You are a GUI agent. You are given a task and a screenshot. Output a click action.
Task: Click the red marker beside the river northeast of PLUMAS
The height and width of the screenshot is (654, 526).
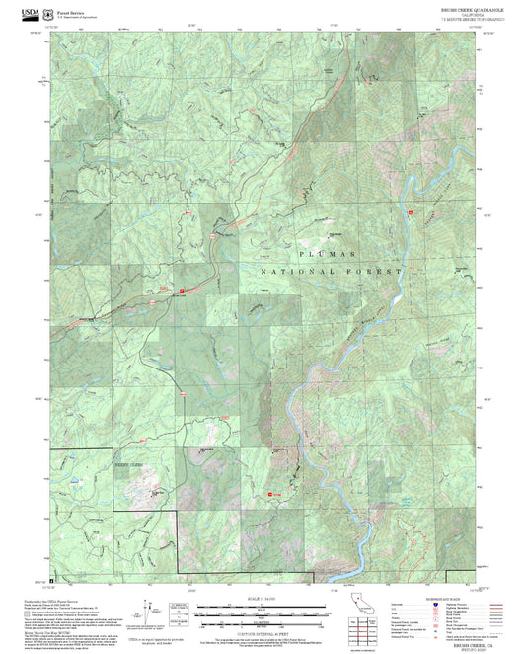coord(408,211)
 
